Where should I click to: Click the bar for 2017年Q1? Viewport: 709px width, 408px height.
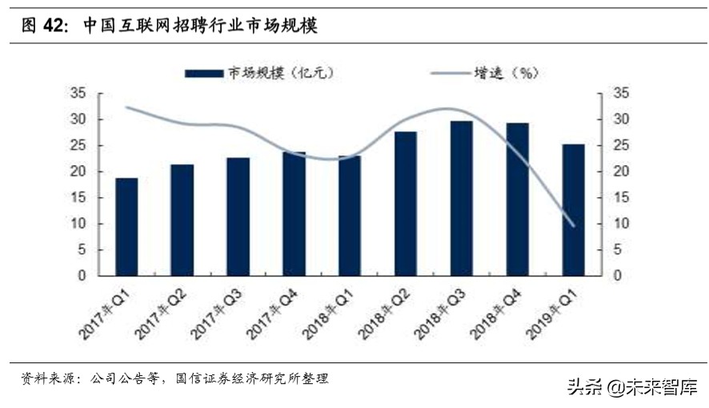coord(126,227)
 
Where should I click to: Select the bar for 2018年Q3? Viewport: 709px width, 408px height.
coord(462,198)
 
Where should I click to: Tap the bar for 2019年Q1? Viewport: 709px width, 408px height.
coord(573,210)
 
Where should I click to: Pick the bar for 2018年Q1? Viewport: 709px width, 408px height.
coord(350,216)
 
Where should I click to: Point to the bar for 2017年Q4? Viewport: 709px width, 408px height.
coord(294,213)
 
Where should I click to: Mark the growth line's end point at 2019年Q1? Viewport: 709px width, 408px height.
coord(573,225)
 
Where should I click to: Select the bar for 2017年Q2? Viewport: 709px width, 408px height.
coord(182,220)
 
